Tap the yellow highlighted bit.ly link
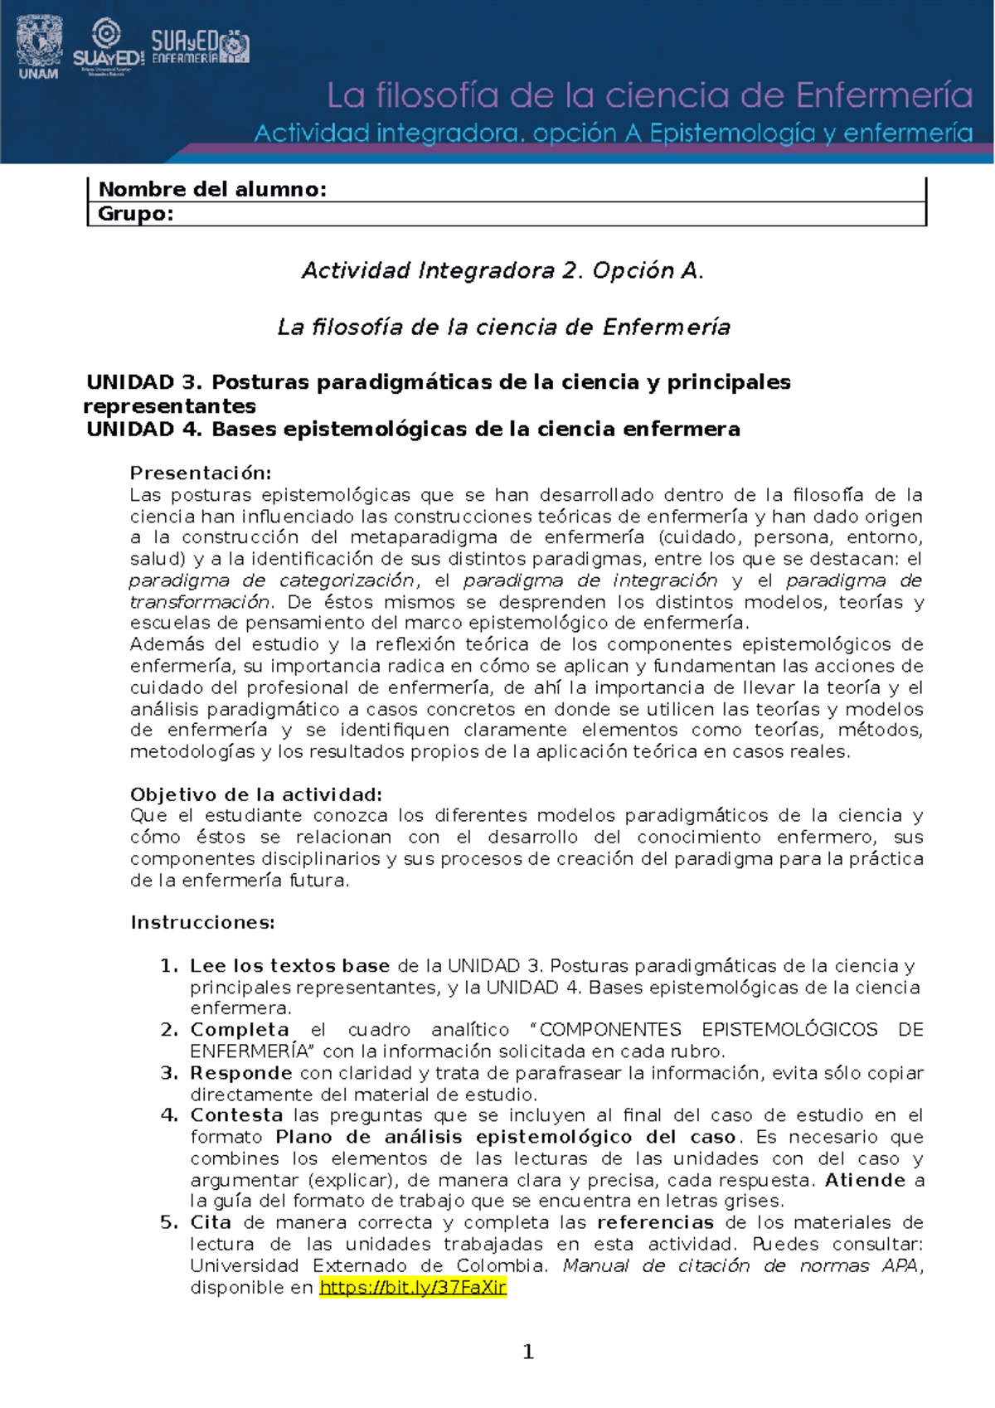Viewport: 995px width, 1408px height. coord(413,1287)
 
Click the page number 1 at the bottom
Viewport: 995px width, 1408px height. coord(528,1352)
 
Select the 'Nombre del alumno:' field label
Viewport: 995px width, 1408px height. coord(212,189)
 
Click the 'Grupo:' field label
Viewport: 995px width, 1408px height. coord(136,214)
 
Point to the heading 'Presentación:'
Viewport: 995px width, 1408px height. coord(201,473)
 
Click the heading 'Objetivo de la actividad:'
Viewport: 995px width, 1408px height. coord(256,794)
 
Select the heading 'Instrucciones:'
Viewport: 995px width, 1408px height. coord(202,923)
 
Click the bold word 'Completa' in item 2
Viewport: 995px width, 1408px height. coord(240,1030)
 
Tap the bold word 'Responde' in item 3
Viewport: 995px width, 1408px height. coord(240,1073)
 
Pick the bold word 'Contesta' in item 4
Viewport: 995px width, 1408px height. coord(236,1115)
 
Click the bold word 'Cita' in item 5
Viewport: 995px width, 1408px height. coord(211,1222)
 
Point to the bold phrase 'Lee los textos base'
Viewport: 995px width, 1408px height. coord(289,966)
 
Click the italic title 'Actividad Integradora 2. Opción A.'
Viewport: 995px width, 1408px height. coord(502,270)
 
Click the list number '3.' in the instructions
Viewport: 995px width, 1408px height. coord(170,1073)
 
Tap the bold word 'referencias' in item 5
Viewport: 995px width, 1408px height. coord(655,1222)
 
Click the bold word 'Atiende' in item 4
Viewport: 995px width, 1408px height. coord(864,1180)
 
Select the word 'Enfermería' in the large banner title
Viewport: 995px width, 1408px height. coord(885,96)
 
